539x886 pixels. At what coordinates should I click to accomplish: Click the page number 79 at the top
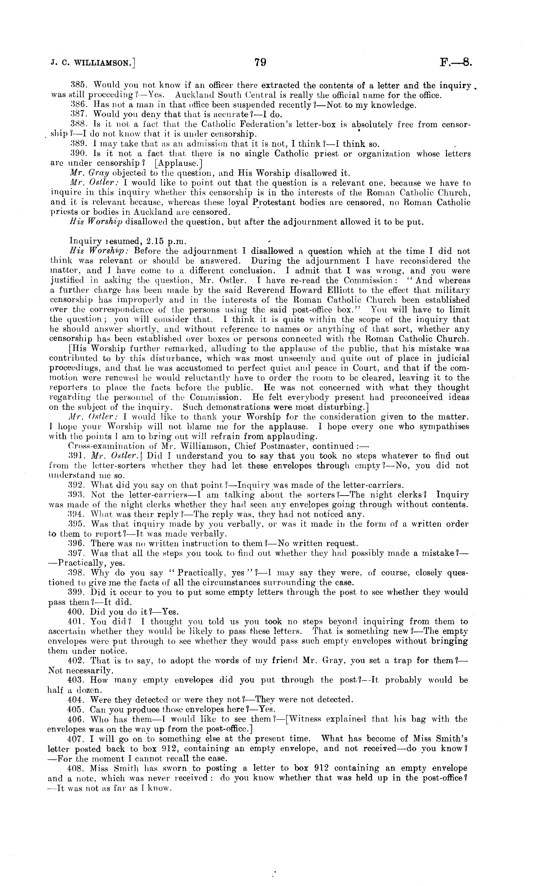(260, 63)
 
